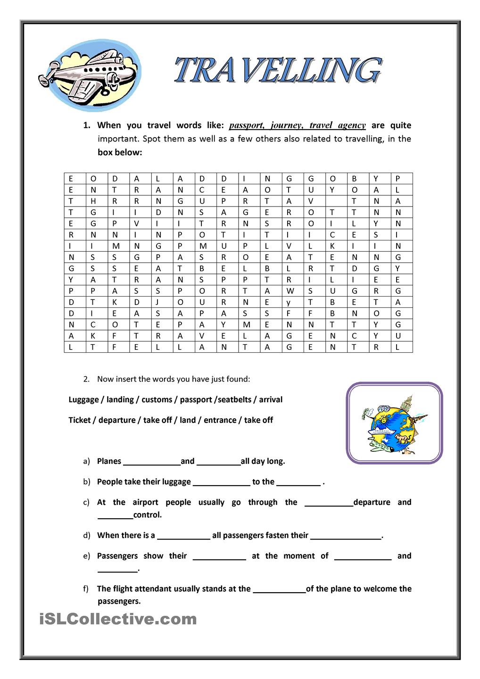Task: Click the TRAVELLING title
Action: click(x=277, y=71)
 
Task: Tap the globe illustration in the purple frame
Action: click(x=394, y=423)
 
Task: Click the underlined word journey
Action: click(x=286, y=125)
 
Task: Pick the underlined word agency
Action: click(x=351, y=125)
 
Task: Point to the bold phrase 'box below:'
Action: click(x=120, y=152)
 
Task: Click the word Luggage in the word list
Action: click(x=83, y=399)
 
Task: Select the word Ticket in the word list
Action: click(x=79, y=420)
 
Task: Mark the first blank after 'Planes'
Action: click(x=151, y=462)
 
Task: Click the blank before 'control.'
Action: click(x=115, y=515)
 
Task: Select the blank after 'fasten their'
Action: click(x=346, y=536)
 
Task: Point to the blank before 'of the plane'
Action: click(x=279, y=589)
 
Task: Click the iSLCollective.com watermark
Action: click(x=118, y=619)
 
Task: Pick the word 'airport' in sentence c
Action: click(x=145, y=502)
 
